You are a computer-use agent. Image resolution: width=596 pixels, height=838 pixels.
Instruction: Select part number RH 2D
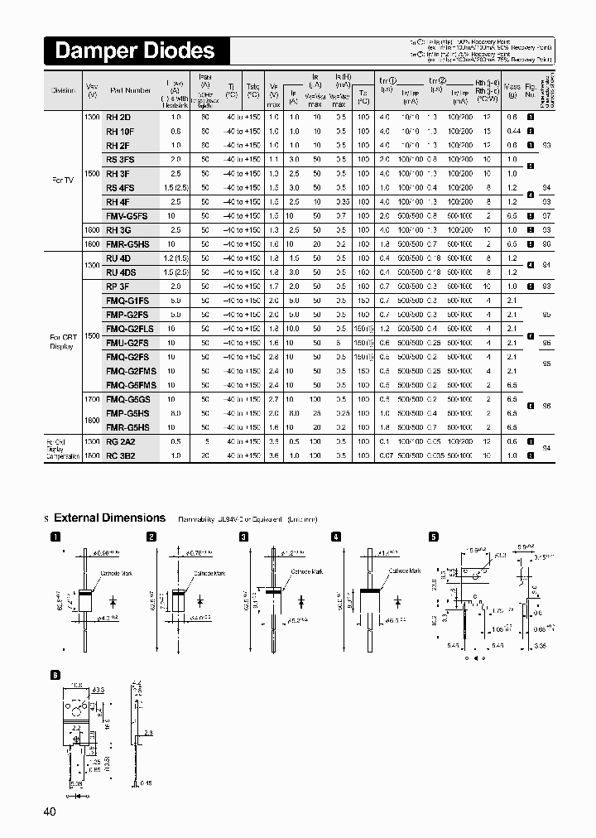(118, 117)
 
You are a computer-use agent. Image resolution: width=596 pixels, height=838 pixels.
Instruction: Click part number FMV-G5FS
(126, 216)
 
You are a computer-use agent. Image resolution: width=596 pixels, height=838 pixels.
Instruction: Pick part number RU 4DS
(122, 272)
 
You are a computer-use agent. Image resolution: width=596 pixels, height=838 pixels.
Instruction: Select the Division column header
(63, 90)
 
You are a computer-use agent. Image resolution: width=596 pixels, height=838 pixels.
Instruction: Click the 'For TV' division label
(62, 180)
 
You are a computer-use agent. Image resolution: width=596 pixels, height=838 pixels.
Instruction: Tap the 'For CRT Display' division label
(63, 342)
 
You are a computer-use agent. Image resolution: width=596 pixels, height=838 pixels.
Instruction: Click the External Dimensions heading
(109, 518)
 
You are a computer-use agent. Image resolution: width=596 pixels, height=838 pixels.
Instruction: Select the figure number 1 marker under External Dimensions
(56, 537)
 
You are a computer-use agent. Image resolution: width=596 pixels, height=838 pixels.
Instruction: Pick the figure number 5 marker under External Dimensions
(433, 537)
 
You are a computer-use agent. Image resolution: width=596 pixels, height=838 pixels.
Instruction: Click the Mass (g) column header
(512, 90)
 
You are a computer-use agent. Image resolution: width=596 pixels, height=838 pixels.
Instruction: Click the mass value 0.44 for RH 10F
(513, 131)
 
